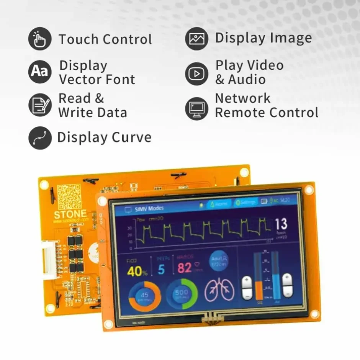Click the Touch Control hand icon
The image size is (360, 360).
click(x=39, y=39)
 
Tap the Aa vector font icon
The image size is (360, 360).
click(x=39, y=71)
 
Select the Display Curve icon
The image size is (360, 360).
click(x=39, y=138)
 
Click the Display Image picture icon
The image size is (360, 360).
click(x=196, y=39)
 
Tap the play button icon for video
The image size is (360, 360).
click(x=196, y=73)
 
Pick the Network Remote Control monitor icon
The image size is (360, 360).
click(x=196, y=108)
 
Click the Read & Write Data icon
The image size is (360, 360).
click(x=39, y=105)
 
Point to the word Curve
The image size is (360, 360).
click(x=131, y=137)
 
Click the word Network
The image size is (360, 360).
click(x=242, y=98)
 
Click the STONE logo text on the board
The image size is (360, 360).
click(x=70, y=214)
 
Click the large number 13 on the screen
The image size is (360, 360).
click(x=281, y=224)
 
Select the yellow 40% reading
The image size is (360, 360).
click(x=137, y=271)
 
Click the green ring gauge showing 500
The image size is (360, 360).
click(x=182, y=294)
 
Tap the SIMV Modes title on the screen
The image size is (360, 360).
click(x=149, y=208)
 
